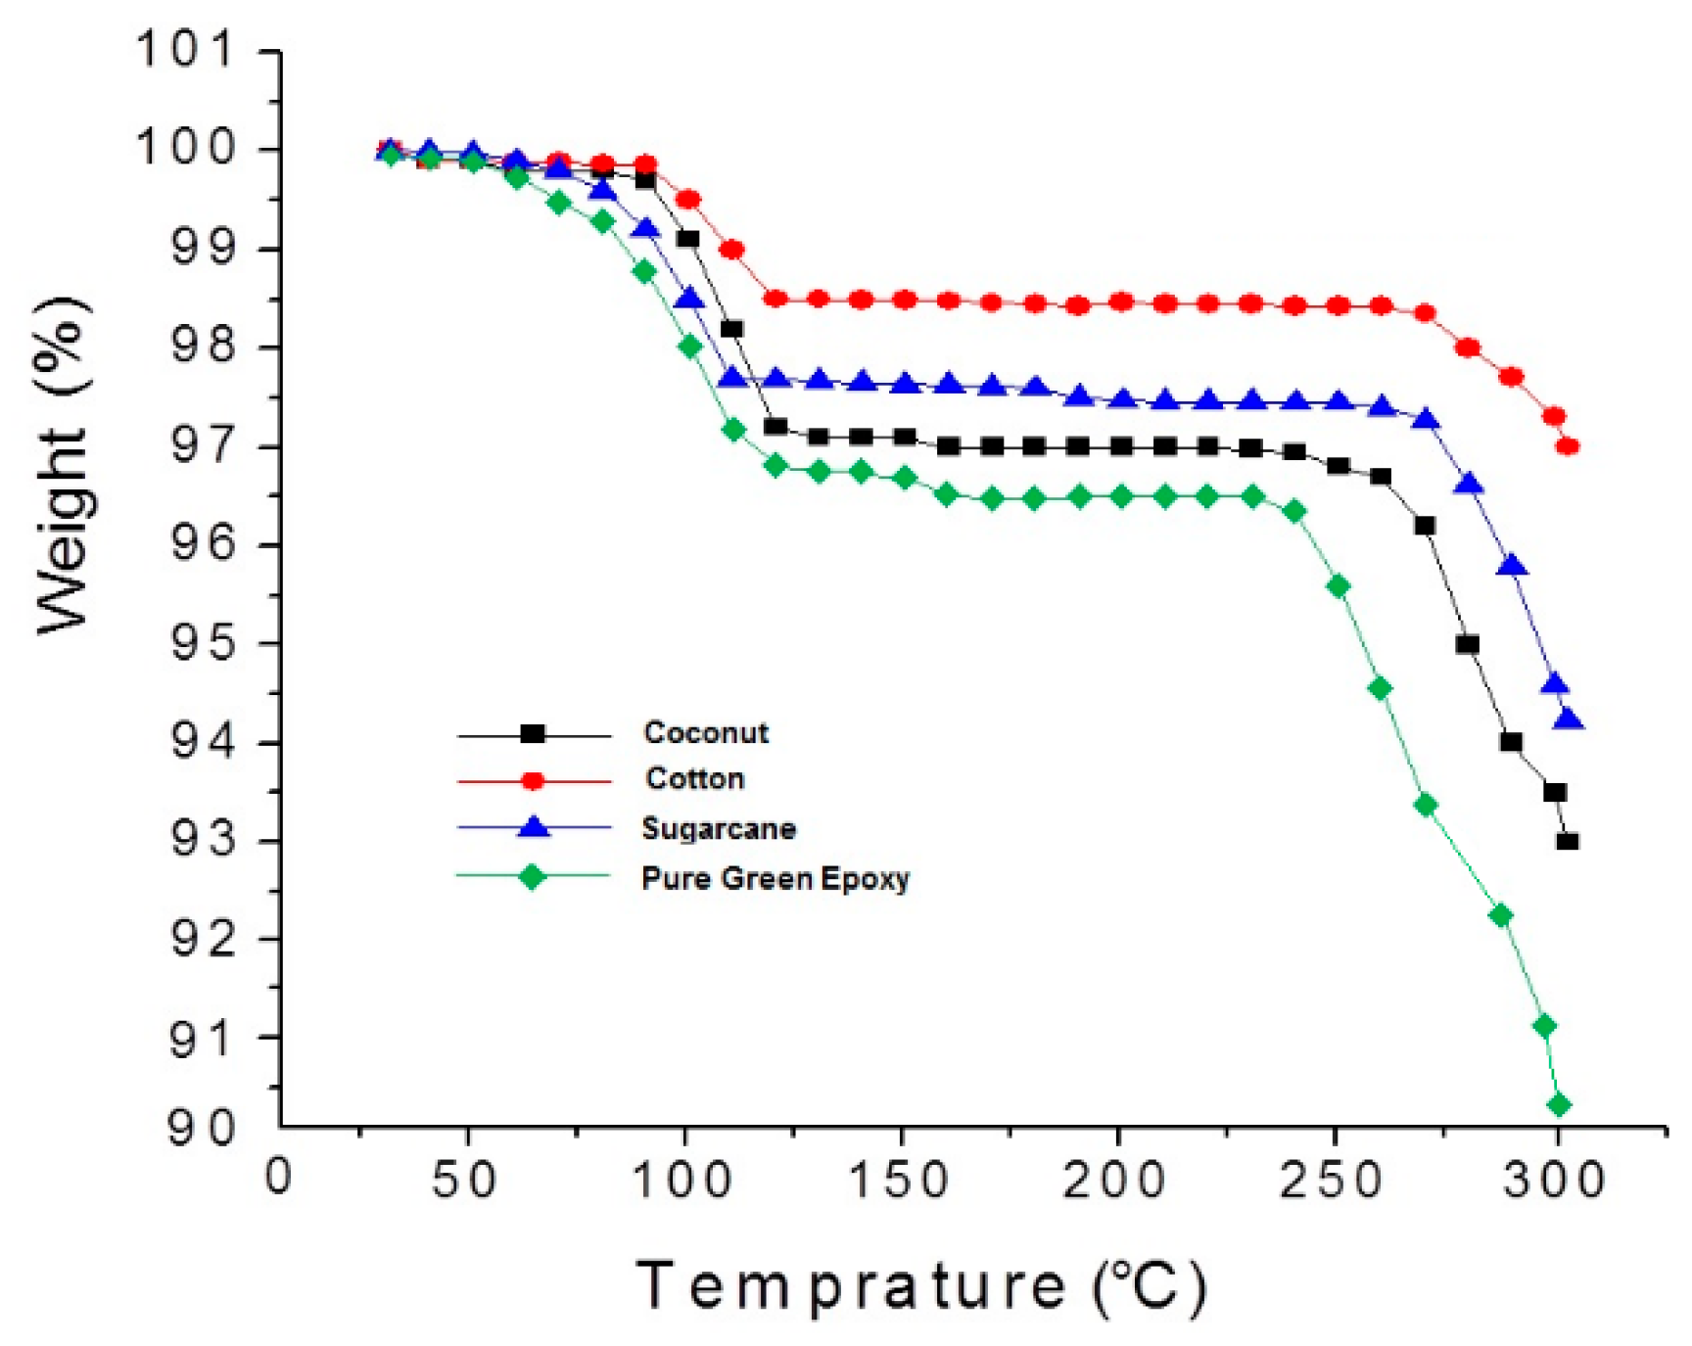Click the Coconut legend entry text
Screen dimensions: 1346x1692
706,732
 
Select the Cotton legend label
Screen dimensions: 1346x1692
694,779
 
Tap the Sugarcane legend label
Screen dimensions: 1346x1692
719,829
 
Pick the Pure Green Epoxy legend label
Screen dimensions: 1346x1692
775,878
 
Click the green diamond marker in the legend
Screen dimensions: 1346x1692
533,877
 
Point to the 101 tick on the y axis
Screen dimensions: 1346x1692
186,49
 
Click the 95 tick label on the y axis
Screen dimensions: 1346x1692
204,644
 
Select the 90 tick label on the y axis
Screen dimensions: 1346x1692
202,1129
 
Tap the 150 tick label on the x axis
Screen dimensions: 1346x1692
898,1180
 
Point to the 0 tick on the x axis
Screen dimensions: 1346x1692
279,1177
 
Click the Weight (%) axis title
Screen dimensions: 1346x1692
64,465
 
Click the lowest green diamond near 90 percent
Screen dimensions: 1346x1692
1560,1105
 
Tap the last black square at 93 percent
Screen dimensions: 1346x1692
1567,841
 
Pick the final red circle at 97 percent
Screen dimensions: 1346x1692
1567,446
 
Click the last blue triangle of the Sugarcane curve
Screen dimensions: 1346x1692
1569,720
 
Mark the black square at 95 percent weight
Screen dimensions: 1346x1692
1467,644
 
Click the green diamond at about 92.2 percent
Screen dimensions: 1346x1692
1500,916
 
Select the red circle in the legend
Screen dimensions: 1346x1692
533,780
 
